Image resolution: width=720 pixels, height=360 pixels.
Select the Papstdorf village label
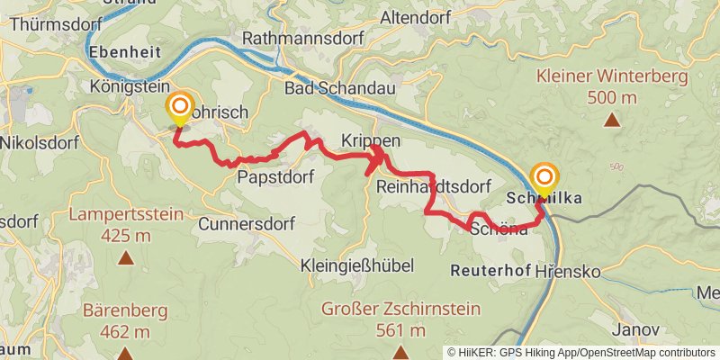[274, 177]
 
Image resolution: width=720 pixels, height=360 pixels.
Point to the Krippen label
[370, 142]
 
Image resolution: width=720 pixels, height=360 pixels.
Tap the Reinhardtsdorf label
[434, 186]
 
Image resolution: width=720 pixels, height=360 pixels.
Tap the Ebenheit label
[125, 52]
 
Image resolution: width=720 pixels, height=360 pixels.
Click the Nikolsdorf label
[39, 142]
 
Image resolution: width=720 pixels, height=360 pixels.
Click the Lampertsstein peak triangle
[125, 258]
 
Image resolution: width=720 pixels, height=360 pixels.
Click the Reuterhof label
[486, 270]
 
